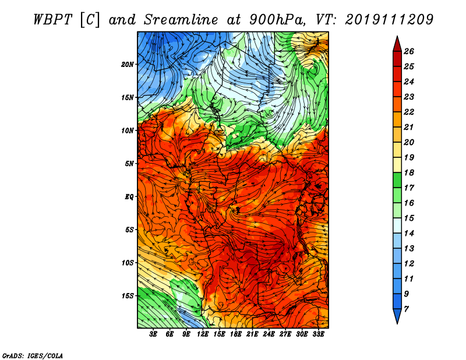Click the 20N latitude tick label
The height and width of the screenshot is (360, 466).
point(128,64)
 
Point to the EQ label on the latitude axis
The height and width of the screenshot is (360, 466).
point(129,196)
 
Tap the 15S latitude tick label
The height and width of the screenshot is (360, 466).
point(128,295)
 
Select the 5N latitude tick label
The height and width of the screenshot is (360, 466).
point(129,164)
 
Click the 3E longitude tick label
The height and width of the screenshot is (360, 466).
point(153,334)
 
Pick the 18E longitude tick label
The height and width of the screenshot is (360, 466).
point(236,334)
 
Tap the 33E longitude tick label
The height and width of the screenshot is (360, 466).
point(318,334)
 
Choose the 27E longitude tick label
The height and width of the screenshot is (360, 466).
point(285,334)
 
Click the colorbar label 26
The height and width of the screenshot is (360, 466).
point(409,51)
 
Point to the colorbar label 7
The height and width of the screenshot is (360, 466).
point(406,309)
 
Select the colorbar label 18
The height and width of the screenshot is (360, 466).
point(409,172)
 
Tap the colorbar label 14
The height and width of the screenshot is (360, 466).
point(409,234)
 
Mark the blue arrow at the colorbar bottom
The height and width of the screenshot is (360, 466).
point(397,315)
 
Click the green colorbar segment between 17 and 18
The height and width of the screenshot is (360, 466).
point(397,180)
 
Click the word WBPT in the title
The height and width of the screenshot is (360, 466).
point(52,20)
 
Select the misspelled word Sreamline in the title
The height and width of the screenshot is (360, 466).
point(181,20)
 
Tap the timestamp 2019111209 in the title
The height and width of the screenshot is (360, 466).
point(389,20)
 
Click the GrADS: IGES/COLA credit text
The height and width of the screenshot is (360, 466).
point(33,355)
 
